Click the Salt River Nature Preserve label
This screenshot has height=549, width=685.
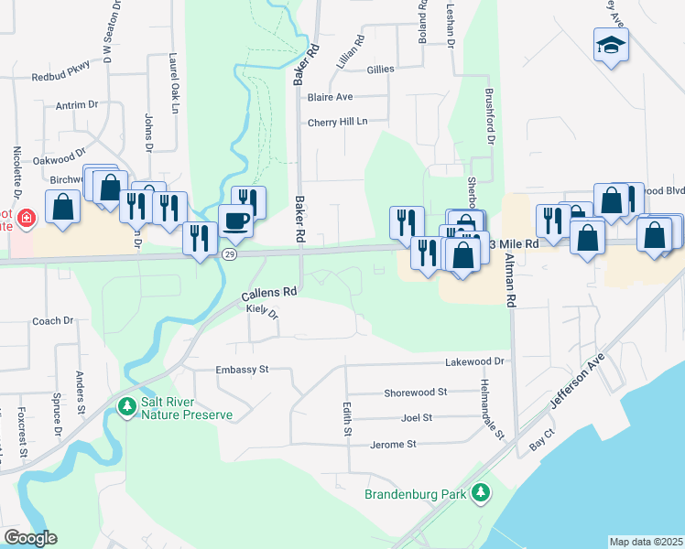[187, 408]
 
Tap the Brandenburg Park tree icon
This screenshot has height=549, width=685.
[481, 494]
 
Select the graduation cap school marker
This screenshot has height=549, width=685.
[611, 44]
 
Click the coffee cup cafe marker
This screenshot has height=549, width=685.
[236, 221]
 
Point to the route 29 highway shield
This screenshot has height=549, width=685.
[230, 254]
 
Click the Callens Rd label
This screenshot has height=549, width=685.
[269, 294]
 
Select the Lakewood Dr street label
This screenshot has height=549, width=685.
[475, 362]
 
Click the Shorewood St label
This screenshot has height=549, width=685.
[415, 392]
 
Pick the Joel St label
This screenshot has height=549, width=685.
[417, 417]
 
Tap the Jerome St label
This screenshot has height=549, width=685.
[393, 445]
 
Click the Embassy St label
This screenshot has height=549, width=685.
[241, 370]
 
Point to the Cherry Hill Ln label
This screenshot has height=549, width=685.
[337, 122]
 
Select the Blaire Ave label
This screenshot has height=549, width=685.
[331, 96]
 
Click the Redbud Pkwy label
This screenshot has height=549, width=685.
[61, 78]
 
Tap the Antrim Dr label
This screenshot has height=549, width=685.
[76, 105]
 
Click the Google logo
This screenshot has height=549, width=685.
[30, 538]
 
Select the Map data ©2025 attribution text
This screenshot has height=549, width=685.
[646, 542]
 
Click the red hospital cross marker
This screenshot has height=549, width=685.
[27, 218]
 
